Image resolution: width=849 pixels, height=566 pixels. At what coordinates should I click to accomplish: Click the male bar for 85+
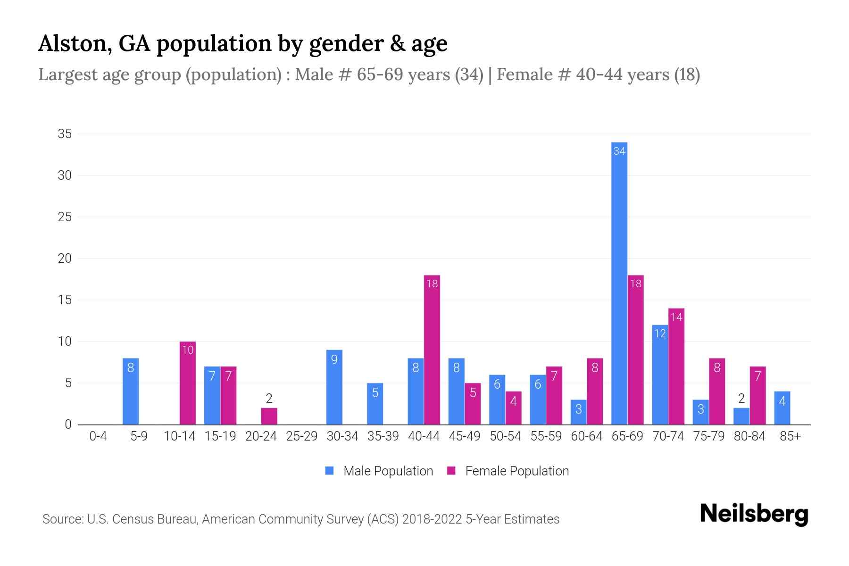pyautogui.click(x=782, y=408)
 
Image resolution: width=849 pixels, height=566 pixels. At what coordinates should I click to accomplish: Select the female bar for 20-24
pyautogui.click(x=269, y=416)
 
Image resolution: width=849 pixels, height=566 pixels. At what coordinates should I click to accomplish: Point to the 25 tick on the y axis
pyautogui.click(x=65, y=217)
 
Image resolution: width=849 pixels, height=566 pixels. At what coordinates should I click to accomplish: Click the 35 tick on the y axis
pyautogui.click(x=65, y=134)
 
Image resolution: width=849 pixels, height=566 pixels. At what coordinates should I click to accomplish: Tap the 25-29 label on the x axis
pyautogui.click(x=302, y=436)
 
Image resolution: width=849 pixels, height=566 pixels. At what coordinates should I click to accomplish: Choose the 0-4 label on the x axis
pyautogui.click(x=98, y=436)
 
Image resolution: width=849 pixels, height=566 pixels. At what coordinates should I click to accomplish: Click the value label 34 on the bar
pyautogui.click(x=619, y=151)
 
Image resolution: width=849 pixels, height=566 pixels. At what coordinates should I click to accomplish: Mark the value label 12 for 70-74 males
pyautogui.click(x=660, y=334)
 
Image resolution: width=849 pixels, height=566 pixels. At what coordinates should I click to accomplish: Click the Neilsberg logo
pyautogui.click(x=754, y=514)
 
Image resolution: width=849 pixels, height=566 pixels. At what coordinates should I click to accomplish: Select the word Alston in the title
pyautogui.click(x=75, y=44)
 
